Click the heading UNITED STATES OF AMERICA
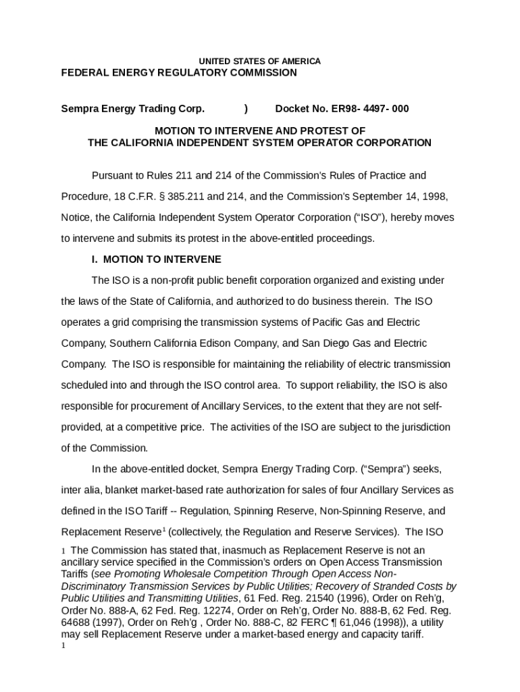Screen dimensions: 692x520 tap(259, 61)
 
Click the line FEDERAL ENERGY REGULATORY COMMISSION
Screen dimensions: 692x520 tap(179, 72)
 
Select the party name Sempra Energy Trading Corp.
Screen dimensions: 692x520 tap(132, 109)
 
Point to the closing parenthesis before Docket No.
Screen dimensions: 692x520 tap(246, 109)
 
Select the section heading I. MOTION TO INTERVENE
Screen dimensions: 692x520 tap(156, 259)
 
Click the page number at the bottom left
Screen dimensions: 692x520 tap(63, 645)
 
